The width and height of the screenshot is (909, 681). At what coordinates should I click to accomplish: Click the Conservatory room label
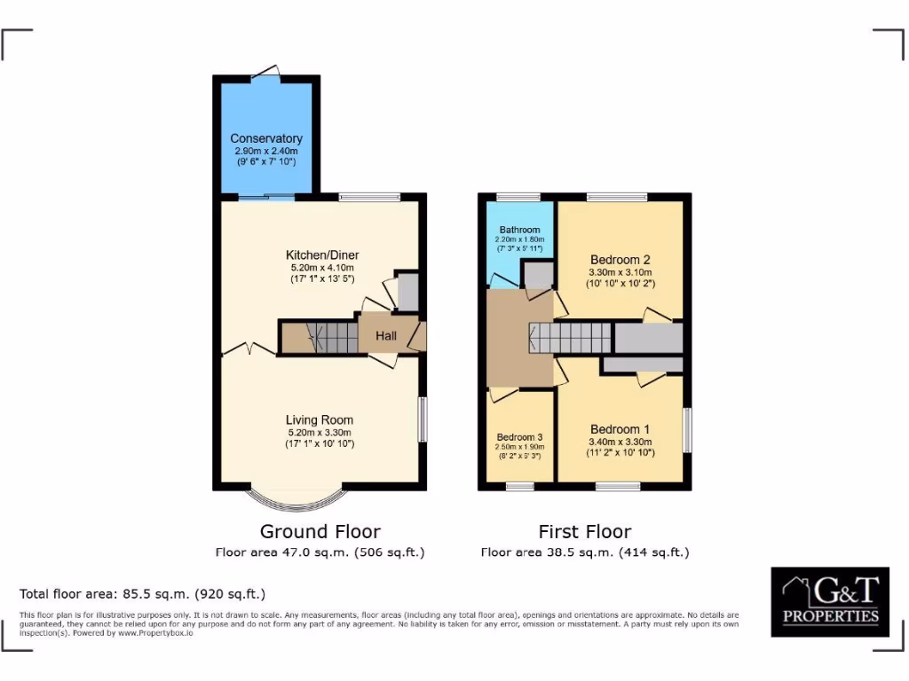(266, 138)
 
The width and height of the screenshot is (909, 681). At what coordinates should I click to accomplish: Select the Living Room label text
(320, 419)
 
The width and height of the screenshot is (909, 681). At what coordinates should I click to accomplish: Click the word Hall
(386, 336)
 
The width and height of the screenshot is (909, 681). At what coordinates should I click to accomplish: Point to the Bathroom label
(518, 230)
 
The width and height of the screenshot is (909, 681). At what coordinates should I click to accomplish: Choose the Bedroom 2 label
(620, 259)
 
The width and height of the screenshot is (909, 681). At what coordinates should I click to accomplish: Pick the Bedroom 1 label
(620, 429)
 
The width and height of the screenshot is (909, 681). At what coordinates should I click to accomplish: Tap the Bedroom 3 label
(520, 437)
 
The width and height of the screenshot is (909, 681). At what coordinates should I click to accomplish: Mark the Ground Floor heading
(320, 531)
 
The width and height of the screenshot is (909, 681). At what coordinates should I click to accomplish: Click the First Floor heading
(585, 531)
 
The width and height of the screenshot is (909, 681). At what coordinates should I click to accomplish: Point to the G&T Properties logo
(830, 600)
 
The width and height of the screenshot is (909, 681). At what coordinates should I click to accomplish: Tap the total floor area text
(142, 593)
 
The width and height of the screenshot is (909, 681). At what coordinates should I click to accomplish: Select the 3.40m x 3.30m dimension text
(620, 442)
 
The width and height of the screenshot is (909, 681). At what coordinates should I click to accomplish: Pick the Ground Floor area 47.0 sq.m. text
(320, 552)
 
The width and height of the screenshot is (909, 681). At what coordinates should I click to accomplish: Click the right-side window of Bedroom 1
(687, 430)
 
